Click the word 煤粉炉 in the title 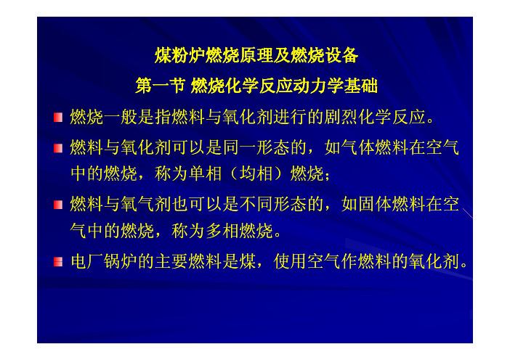coord(180,55)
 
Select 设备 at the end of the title coord(341,55)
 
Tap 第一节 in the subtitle coord(161,86)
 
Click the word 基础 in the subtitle coord(361,86)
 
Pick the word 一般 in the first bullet coord(121,117)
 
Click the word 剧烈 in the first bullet coord(341,117)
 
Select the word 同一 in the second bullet coord(240,147)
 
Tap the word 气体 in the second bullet coord(358,147)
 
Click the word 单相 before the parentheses coord(206,173)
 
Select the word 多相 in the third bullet coord(222,231)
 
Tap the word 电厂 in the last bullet coord(87,261)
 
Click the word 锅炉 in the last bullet coord(121,261)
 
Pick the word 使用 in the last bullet coord(290,261)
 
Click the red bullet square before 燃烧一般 coord(58,118)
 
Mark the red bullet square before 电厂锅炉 coord(58,261)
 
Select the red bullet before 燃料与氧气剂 coord(58,205)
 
